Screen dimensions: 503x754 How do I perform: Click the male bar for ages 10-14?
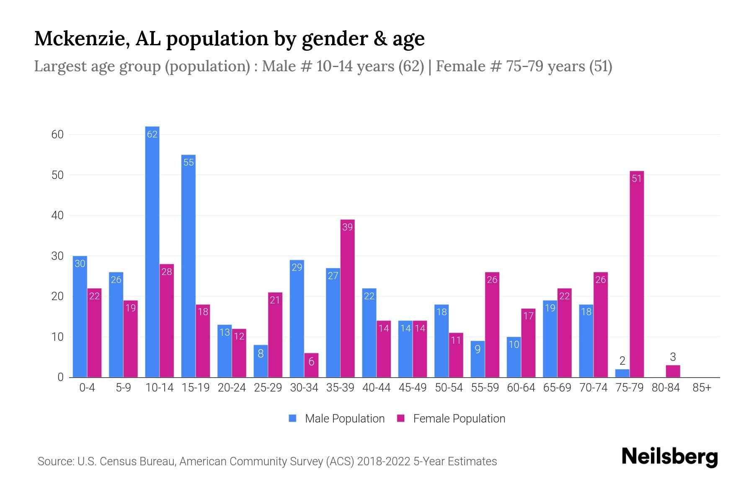pyautogui.click(x=152, y=251)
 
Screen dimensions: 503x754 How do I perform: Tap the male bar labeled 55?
pyautogui.click(x=188, y=266)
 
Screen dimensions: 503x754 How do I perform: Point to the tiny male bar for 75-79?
pyautogui.click(x=622, y=373)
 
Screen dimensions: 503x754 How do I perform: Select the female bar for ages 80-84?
pyautogui.click(x=673, y=371)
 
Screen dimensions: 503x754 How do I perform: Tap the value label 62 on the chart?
pyautogui.click(x=152, y=134)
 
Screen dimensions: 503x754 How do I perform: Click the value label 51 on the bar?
pyautogui.click(x=636, y=179)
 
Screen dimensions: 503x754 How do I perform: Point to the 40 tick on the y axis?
pyautogui.click(x=57, y=215)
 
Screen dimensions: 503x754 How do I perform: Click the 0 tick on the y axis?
pyautogui.click(x=60, y=377)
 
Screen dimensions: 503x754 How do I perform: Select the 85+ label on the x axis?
pyautogui.click(x=702, y=388)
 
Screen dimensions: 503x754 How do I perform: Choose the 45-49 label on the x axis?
pyautogui.click(x=413, y=388)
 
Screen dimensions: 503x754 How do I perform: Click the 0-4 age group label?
pyautogui.click(x=87, y=388)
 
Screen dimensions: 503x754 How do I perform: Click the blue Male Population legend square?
pyautogui.click(x=292, y=418)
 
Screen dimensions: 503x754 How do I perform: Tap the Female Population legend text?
pyautogui.click(x=459, y=418)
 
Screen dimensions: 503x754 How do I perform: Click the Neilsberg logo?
pyautogui.click(x=669, y=457)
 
